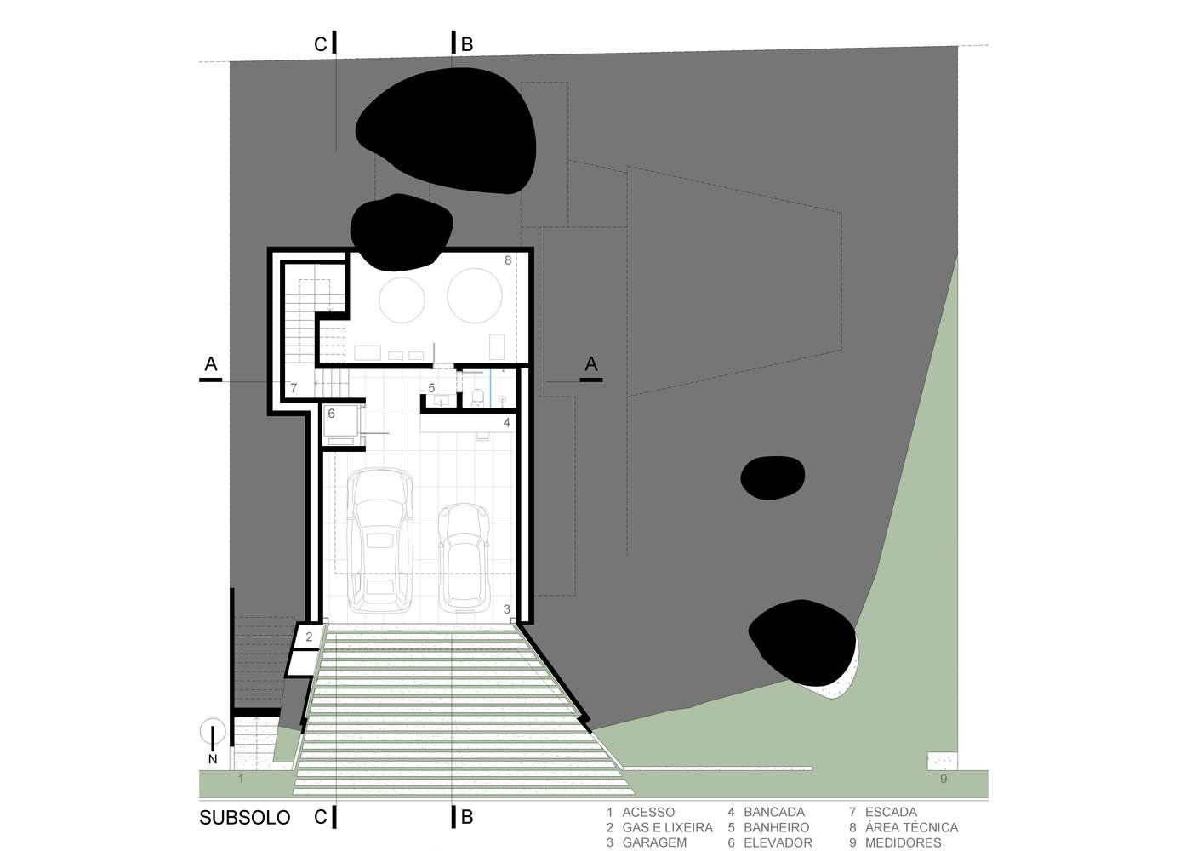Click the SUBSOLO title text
pyautogui.click(x=244, y=818)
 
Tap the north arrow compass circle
pyautogui.click(x=213, y=732)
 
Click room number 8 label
pyautogui.click(x=508, y=260)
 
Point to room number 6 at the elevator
pyautogui.click(x=332, y=414)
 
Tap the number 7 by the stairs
pyautogui.click(x=294, y=388)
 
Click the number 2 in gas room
pyautogui.click(x=309, y=637)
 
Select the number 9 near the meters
pyautogui.click(x=944, y=779)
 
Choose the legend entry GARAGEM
pyautogui.click(x=654, y=842)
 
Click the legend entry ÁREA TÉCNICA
pyautogui.click(x=911, y=827)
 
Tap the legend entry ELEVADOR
pyautogui.click(x=778, y=842)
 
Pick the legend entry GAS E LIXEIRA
pyautogui.click(x=667, y=827)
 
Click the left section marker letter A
pyautogui.click(x=211, y=365)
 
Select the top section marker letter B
pyautogui.click(x=467, y=45)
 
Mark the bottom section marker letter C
pyautogui.click(x=320, y=818)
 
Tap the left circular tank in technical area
pyautogui.click(x=402, y=300)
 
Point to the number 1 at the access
pyautogui.click(x=241, y=779)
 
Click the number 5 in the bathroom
pyautogui.click(x=431, y=388)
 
